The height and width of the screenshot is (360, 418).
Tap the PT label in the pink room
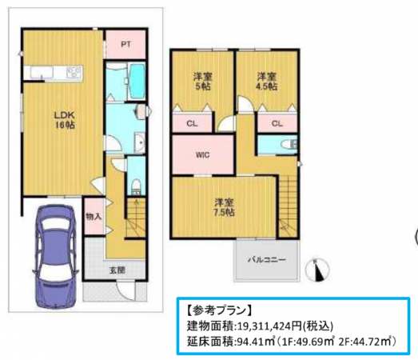pos(125,45)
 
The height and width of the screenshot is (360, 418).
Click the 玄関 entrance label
pos(116,270)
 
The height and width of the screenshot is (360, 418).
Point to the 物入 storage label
pos(94,217)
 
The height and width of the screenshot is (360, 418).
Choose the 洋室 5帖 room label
pos(201,81)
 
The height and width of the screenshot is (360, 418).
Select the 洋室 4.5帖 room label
pos(266,81)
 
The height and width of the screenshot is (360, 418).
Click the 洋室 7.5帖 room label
pos(223,207)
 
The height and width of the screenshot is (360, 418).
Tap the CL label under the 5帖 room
pos(193,123)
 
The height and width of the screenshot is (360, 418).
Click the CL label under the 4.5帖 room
pos(277,123)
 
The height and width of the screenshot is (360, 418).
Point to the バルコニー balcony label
pos(265,261)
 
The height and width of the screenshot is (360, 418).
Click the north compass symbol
pos(321,270)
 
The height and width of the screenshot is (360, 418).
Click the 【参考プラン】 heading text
pos(218,309)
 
